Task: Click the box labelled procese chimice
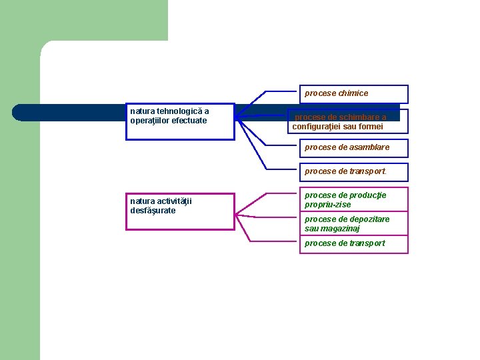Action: tap(353, 94)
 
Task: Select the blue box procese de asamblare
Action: tap(353, 147)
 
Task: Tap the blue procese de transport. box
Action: tap(353, 171)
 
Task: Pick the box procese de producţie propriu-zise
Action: tap(353, 200)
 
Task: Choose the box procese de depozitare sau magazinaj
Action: tap(353, 224)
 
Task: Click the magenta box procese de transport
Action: tap(353, 244)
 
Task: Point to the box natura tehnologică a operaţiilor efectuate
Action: tap(180, 121)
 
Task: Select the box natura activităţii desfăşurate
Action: tap(180, 211)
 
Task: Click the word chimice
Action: tap(353, 94)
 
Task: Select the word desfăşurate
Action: tap(153, 211)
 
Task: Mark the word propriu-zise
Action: tap(328, 205)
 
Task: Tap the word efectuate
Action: tap(189, 121)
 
